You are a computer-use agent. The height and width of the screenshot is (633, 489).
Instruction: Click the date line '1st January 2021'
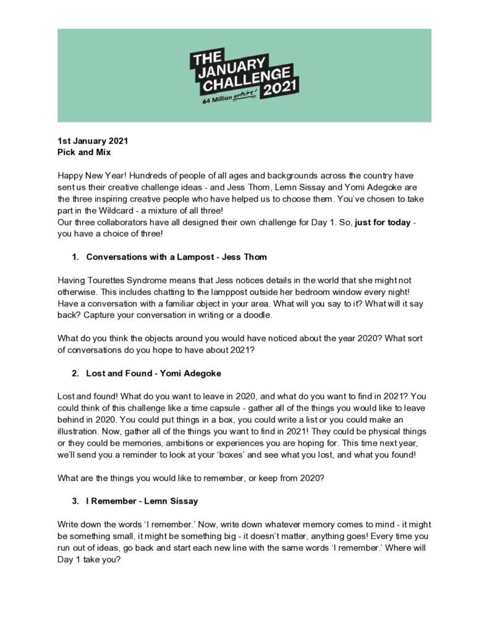[93, 140]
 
